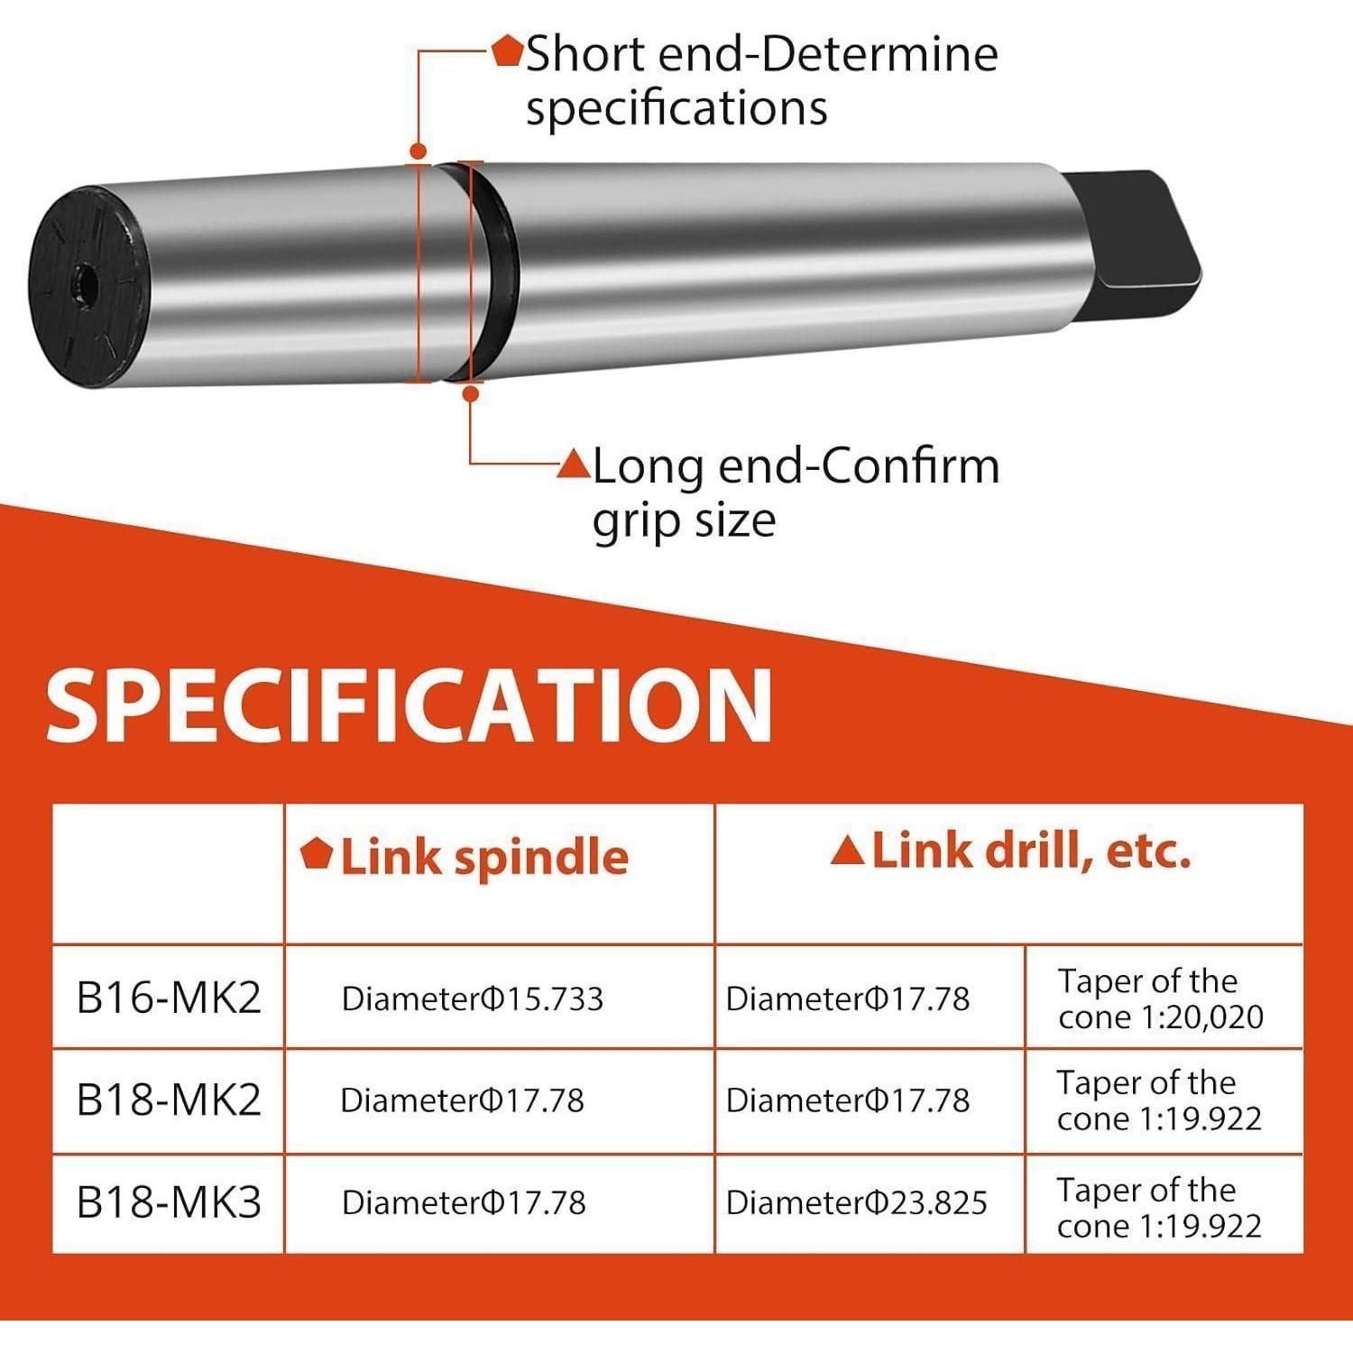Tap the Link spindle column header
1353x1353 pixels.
[465, 856]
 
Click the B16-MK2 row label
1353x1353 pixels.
[169, 998]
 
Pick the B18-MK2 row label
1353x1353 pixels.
[169, 1100]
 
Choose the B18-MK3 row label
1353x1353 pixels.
[169, 1201]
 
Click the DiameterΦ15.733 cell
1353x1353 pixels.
[473, 999]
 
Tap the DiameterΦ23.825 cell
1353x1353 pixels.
[857, 1202]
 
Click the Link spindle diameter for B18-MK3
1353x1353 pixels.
[464, 1202]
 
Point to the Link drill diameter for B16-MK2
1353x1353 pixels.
[848, 999]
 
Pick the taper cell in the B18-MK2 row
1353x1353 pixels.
[1160, 1100]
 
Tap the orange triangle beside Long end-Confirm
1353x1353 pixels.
[574, 464]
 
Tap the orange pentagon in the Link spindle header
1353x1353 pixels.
[317, 852]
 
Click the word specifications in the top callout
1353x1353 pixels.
[676, 109]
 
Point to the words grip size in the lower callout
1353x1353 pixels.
[684, 520]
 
